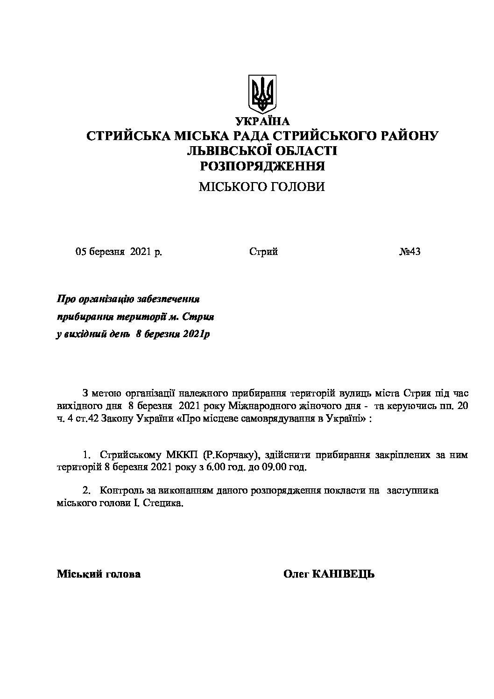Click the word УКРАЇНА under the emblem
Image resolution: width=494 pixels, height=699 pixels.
263,121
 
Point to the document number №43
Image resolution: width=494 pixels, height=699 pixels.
410,252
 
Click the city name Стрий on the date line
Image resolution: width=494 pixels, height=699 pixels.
263,252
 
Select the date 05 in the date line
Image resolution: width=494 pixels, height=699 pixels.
82,252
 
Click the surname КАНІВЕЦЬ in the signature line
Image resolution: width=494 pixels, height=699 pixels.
345,574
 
